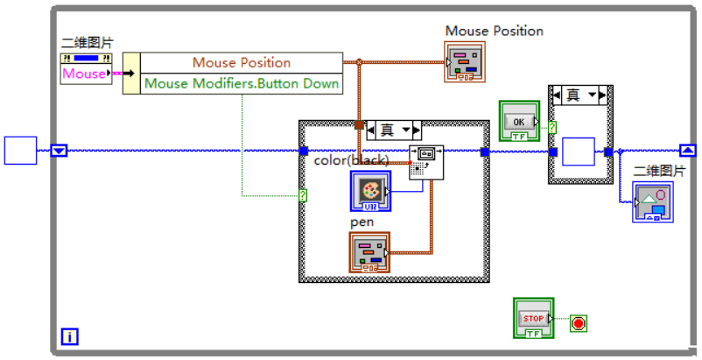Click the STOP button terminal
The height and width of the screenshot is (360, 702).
click(x=533, y=318)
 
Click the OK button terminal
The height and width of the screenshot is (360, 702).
click(x=518, y=121)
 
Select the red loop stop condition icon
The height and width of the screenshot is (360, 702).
click(x=578, y=323)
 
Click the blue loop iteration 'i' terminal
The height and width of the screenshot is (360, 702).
click(x=69, y=335)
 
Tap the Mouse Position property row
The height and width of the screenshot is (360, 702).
click(x=241, y=63)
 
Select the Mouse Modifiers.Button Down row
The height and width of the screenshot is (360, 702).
click(x=241, y=84)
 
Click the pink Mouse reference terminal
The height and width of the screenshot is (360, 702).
click(x=84, y=74)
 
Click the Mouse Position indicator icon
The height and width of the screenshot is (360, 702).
click(x=465, y=63)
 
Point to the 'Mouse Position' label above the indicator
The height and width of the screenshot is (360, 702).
click(x=494, y=31)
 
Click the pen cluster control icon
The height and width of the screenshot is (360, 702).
click(x=369, y=253)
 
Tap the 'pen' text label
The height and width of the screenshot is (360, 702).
click(x=362, y=222)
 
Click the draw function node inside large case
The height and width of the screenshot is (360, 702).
click(x=426, y=162)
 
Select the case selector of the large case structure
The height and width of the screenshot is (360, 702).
click(x=393, y=131)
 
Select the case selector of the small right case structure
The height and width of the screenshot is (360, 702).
click(x=580, y=95)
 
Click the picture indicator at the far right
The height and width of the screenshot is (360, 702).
click(x=652, y=202)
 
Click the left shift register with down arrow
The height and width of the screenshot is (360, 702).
click(x=59, y=151)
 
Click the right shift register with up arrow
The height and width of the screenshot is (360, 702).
click(x=687, y=151)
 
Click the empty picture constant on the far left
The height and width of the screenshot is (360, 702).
click(x=21, y=151)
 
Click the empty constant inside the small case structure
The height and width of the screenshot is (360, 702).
click(x=578, y=152)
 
